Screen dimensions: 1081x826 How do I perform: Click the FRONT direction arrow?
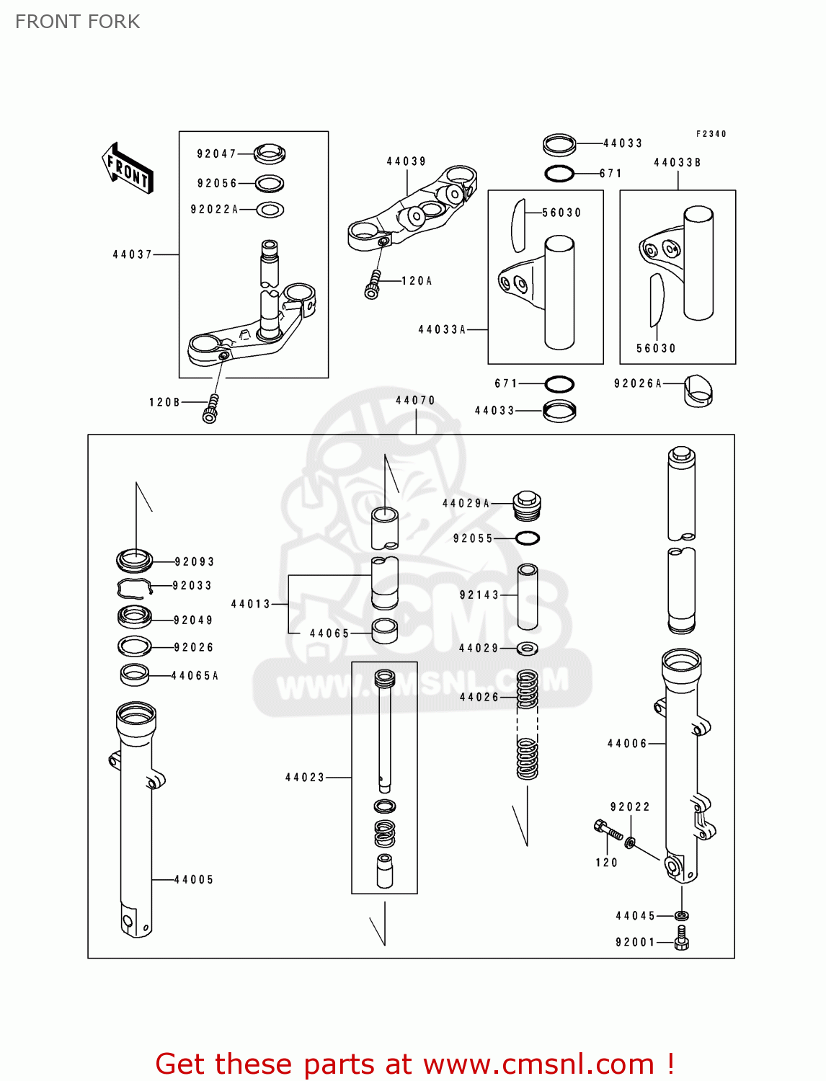coord(128,169)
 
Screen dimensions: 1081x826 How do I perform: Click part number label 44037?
coord(133,254)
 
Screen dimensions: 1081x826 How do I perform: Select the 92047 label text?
coord(216,154)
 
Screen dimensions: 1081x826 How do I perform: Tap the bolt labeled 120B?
coord(210,409)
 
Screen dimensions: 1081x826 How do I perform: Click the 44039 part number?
coord(407,161)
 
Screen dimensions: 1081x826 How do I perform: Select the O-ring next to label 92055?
coord(528,538)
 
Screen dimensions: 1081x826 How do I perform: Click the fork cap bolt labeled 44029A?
coord(527,504)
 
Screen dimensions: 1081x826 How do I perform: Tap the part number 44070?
coord(416,400)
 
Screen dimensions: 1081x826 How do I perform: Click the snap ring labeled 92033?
coord(135,588)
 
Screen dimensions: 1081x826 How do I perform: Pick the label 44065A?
coord(195,675)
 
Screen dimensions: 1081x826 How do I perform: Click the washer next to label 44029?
coord(528,649)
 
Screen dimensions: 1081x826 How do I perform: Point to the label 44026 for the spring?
coord(479,697)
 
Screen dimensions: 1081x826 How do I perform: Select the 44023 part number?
coord(305,777)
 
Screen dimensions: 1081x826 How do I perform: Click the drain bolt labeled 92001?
coord(682,940)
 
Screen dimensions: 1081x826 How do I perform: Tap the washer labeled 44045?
coord(681,915)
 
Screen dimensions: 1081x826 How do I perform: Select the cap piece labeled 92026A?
coord(697,391)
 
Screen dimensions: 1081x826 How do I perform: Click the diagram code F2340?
coord(711,134)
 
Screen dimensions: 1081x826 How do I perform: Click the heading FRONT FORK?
coord(77,22)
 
